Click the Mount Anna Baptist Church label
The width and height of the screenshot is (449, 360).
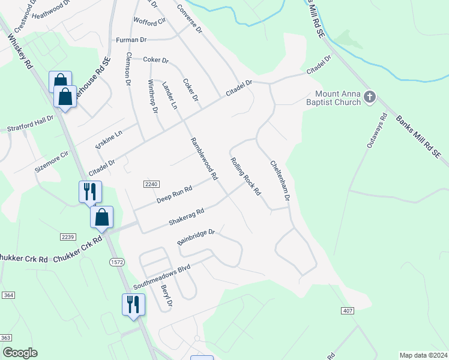click(338, 97)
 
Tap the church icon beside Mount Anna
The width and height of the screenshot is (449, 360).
click(370, 96)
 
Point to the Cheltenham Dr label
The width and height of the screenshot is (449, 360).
click(280, 180)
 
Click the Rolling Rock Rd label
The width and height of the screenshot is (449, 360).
click(246, 176)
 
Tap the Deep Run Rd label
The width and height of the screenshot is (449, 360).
click(175, 193)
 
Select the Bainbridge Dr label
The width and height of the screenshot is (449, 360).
click(196, 236)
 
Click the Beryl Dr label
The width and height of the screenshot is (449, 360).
click(166, 295)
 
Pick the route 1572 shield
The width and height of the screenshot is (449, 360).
click(116, 262)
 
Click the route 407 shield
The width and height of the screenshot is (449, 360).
click(348, 310)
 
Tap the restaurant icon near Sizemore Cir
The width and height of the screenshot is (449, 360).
click(90, 191)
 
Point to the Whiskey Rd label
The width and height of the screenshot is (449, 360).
click(19, 53)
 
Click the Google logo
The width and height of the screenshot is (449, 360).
click(20, 353)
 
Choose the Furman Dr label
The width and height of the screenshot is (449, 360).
click(131, 40)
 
